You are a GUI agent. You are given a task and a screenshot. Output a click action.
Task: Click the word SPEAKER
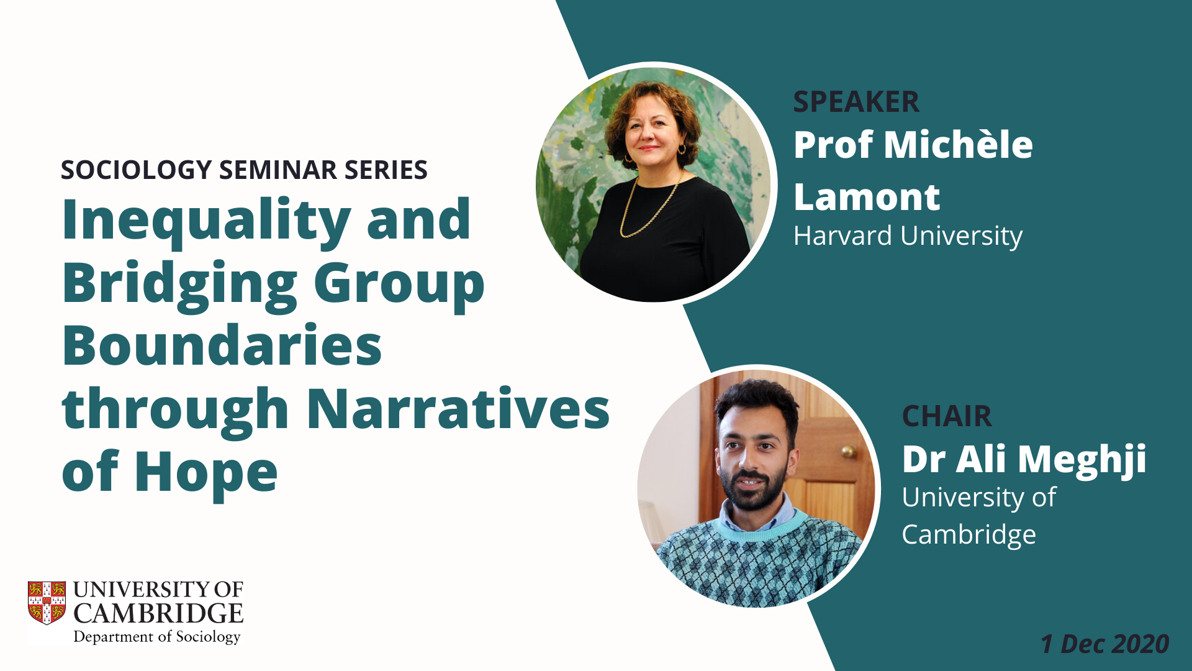(856, 102)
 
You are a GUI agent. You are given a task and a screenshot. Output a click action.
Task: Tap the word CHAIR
(947, 416)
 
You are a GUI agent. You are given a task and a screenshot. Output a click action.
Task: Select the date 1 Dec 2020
(1105, 644)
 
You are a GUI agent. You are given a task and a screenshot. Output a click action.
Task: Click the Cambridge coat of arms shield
(47, 603)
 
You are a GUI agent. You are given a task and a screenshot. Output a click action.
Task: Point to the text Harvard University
(908, 236)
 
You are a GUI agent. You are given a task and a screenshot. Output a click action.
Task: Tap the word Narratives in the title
(459, 409)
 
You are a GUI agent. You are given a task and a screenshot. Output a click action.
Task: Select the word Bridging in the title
(180, 285)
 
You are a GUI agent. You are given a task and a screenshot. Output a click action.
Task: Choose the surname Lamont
(867, 197)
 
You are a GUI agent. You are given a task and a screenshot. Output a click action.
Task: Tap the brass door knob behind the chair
(848, 452)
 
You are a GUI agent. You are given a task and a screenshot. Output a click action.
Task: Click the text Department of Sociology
(156, 637)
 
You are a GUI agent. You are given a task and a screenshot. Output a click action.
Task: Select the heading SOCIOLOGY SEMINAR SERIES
(244, 170)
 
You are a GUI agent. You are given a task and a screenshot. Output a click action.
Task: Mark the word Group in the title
(399, 285)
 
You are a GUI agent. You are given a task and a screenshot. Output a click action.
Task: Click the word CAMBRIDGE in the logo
(158, 614)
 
